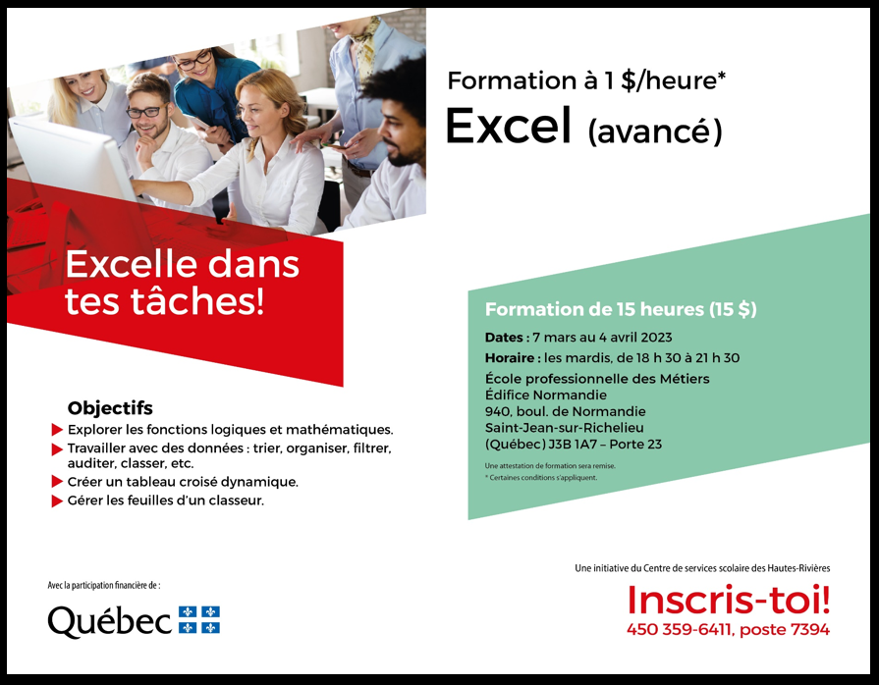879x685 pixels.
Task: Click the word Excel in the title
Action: pyautogui.click(x=508, y=126)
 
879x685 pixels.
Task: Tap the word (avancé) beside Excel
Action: pyautogui.click(x=655, y=132)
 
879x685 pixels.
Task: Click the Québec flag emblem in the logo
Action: pyautogui.click(x=199, y=619)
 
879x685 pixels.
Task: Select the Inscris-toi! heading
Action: pyautogui.click(x=728, y=600)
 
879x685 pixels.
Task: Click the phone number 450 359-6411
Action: pyautogui.click(x=680, y=629)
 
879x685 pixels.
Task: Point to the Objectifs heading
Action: pyautogui.click(x=110, y=407)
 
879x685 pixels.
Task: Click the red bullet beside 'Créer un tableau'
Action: pyautogui.click(x=57, y=482)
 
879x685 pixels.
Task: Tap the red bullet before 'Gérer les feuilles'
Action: pyautogui.click(x=57, y=501)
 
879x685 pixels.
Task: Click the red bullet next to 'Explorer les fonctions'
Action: pyautogui.click(x=57, y=430)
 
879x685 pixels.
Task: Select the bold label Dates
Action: pyautogui.click(x=504, y=338)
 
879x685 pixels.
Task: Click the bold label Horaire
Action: pyautogui.click(x=509, y=358)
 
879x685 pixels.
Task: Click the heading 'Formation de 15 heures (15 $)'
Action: pyautogui.click(x=621, y=309)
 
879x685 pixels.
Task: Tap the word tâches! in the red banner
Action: pyautogui.click(x=196, y=301)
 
